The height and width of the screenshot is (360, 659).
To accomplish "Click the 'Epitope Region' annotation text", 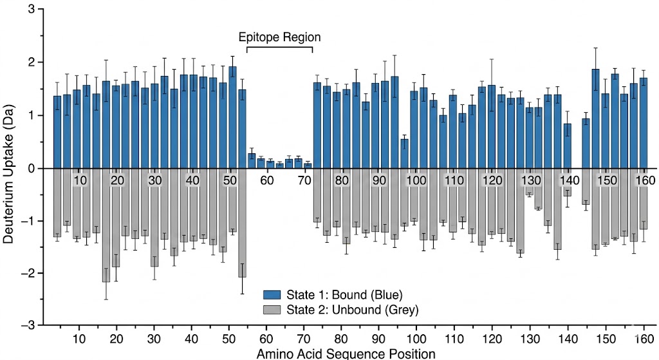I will tap(279, 37).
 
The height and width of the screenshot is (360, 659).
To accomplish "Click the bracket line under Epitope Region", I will tap(279, 47).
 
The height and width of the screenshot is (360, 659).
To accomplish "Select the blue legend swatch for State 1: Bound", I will tap(273, 295).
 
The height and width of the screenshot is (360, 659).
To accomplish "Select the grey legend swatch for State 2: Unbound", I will tap(273, 310).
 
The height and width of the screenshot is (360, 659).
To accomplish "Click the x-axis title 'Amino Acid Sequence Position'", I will tap(346, 353).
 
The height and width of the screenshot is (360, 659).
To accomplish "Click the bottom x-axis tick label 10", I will tap(79, 338).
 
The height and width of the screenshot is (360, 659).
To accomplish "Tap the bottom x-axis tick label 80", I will tap(342, 338).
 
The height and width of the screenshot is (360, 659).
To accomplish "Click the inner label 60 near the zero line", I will tap(266, 180).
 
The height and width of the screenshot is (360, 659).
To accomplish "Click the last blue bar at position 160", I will tap(644, 123).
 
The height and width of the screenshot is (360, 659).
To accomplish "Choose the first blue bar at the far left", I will tap(57, 132).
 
